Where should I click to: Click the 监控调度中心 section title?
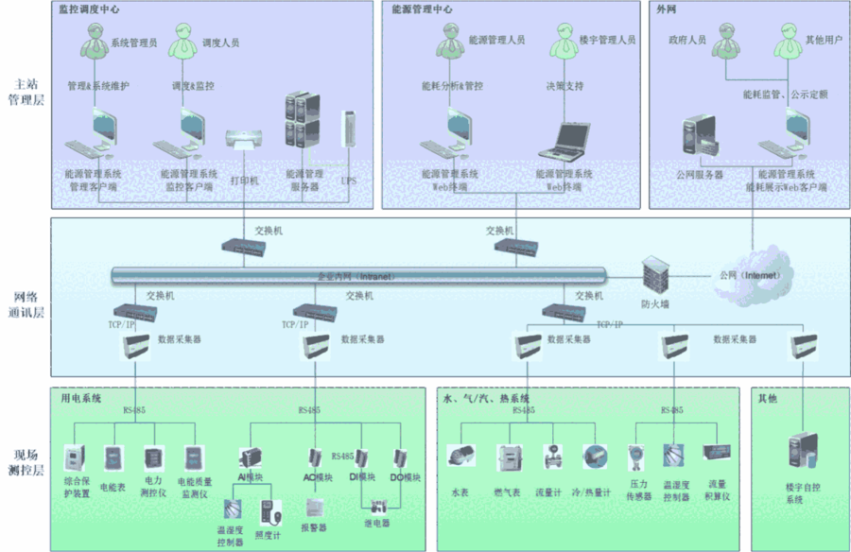coord(89,9)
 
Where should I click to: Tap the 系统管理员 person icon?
coord(95,41)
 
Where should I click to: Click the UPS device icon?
coord(349,130)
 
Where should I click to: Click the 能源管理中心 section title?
coord(422,9)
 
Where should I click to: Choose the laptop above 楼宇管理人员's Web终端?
coord(564,141)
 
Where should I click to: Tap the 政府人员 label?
coord(686,41)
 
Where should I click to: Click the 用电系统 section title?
coord(80,399)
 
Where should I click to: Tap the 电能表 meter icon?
coord(113,458)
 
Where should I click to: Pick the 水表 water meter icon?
coord(460,457)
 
